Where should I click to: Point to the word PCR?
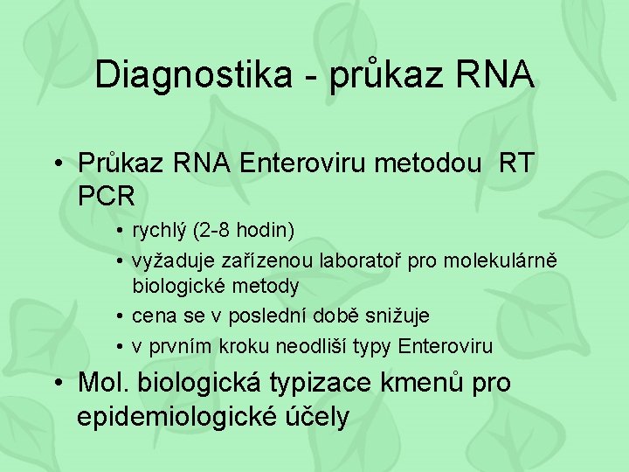[x=107, y=195]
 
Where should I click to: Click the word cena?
[x=153, y=316]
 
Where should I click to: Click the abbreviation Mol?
[x=103, y=383]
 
